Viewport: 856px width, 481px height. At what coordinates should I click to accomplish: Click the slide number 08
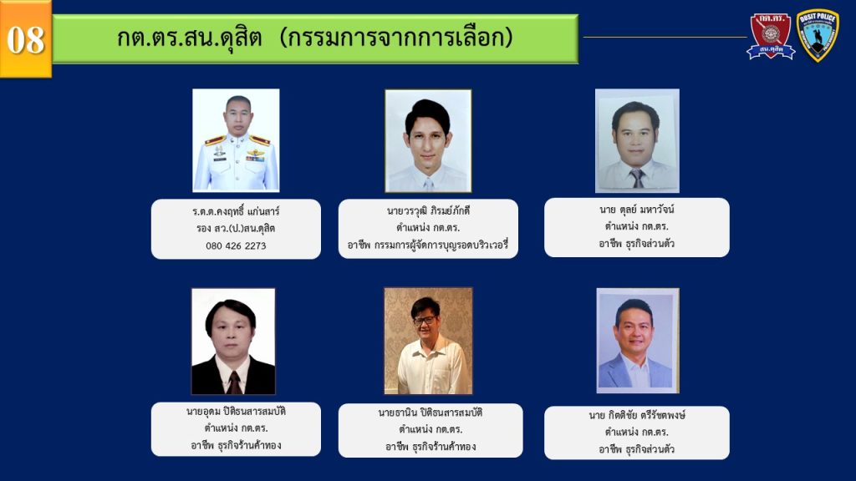26,40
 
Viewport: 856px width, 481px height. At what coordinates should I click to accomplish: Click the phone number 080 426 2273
236,246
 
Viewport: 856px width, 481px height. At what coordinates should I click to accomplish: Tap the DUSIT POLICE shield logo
818,35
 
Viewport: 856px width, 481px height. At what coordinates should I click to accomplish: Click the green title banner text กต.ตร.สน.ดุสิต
190,38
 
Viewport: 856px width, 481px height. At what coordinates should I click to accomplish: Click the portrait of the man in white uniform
236,140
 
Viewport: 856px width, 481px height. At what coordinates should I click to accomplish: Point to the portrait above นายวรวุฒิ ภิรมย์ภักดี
428,140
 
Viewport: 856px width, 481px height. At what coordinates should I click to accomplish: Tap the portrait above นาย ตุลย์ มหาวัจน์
637,140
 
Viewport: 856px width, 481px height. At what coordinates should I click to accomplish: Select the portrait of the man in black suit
233,342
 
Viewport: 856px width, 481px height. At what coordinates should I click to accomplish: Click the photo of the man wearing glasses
428,341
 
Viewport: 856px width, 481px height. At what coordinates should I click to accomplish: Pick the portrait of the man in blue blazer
638,341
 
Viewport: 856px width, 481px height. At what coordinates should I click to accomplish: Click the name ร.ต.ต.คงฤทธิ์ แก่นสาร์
236,211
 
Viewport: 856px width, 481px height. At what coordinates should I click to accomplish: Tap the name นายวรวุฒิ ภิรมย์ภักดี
428,210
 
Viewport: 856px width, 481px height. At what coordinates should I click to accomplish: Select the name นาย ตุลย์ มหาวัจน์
636,210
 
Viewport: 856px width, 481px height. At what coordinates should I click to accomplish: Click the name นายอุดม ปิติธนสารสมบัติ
236,411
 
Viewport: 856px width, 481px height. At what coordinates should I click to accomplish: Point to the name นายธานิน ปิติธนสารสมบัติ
431,413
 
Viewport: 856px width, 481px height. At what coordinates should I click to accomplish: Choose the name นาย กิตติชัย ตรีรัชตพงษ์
636,415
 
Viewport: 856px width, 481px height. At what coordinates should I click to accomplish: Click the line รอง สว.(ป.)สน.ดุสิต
236,229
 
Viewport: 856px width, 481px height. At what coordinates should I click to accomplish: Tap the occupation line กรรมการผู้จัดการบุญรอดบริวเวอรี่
441,245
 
